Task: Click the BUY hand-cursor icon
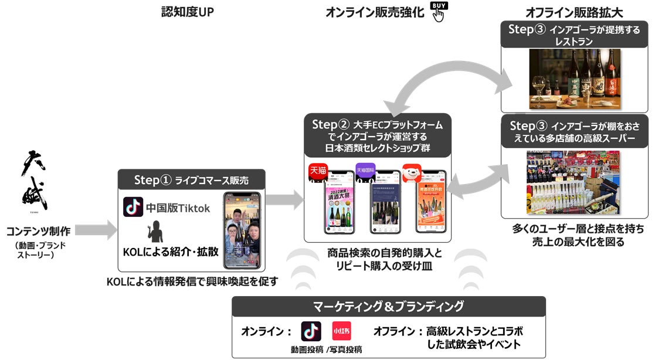438,11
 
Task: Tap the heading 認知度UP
187,11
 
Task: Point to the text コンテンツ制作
40,230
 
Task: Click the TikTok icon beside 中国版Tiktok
133,208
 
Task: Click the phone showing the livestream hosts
242,230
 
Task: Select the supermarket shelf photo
574,183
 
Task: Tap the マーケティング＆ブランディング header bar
388,306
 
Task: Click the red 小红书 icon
341,331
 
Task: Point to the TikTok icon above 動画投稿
311,331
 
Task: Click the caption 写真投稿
345,349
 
